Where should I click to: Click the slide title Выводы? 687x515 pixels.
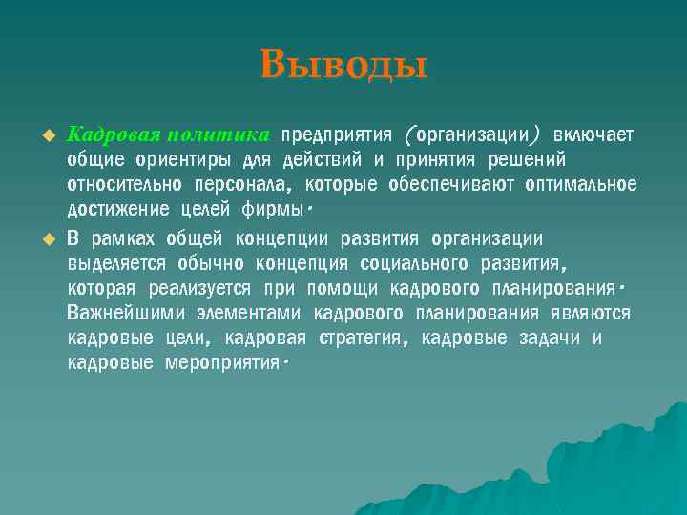point(343,65)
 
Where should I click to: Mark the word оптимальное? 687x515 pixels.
point(580,183)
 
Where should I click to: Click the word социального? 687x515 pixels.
point(418,262)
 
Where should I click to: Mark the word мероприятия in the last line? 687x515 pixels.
point(223,364)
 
